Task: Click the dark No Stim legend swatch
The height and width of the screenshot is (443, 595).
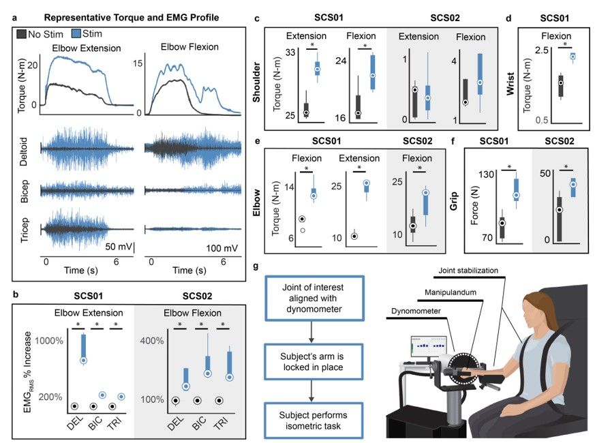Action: click(x=22, y=33)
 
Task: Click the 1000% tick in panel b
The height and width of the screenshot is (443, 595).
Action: click(x=51, y=341)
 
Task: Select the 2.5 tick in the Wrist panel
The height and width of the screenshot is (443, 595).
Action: click(x=541, y=51)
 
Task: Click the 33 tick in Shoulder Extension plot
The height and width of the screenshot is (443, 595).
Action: click(x=289, y=52)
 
